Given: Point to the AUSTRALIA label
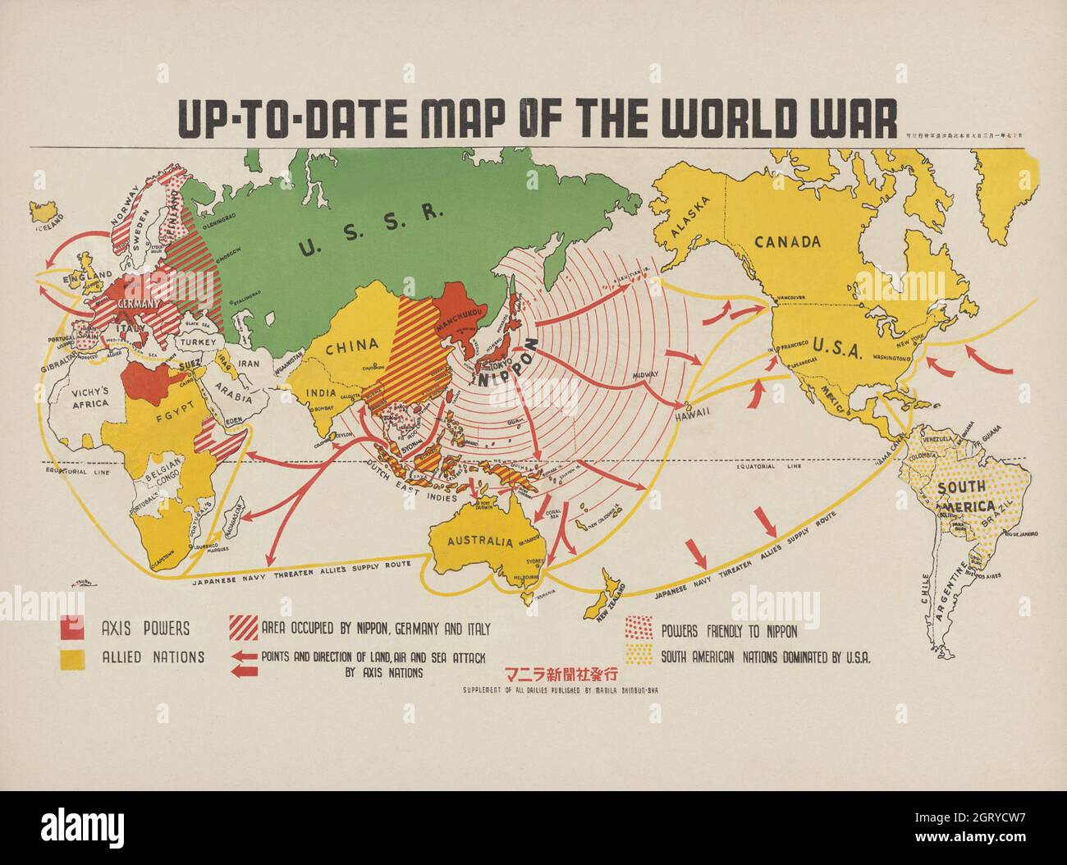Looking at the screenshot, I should click(x=480, y=542).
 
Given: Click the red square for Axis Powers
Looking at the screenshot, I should click(x=72, y=629).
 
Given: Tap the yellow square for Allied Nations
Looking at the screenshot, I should click(x=72, y=658).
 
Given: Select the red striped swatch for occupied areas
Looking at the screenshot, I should click(x=244, y=628).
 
